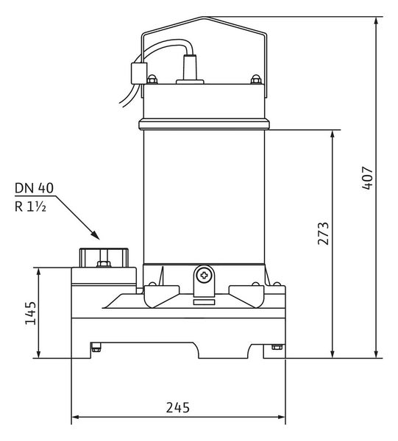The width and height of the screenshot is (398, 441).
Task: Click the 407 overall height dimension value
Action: point(367,179)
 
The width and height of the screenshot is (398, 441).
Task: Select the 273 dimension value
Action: point(323,234)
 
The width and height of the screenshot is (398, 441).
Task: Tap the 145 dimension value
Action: point(31,313)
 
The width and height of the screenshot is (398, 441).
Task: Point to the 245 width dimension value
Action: point(178,407)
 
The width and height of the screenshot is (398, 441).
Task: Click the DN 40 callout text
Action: point(34,188)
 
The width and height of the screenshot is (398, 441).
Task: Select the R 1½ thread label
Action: point(30,207)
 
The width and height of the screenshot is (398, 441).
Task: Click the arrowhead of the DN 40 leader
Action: point(95,235)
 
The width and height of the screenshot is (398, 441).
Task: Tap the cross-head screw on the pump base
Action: point(204,276)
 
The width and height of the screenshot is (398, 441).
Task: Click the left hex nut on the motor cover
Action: point(152,79)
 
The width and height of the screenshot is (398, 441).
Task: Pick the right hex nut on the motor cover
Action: point(256,79)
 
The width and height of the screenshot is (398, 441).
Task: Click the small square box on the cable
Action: point(139,73)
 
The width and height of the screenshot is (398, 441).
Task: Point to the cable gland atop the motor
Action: point(190,68)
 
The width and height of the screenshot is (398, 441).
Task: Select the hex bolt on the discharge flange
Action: point(104,264)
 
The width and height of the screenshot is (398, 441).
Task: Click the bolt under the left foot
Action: point(96,348)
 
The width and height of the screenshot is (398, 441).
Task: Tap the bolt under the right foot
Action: point(277,347)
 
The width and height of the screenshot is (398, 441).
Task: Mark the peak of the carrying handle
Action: point(205,18)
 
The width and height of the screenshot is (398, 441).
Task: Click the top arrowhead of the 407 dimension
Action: point(376,21)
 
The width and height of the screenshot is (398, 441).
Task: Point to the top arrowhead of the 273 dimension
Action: point(333,135)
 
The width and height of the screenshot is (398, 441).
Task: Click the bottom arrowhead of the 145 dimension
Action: point(39,354)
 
